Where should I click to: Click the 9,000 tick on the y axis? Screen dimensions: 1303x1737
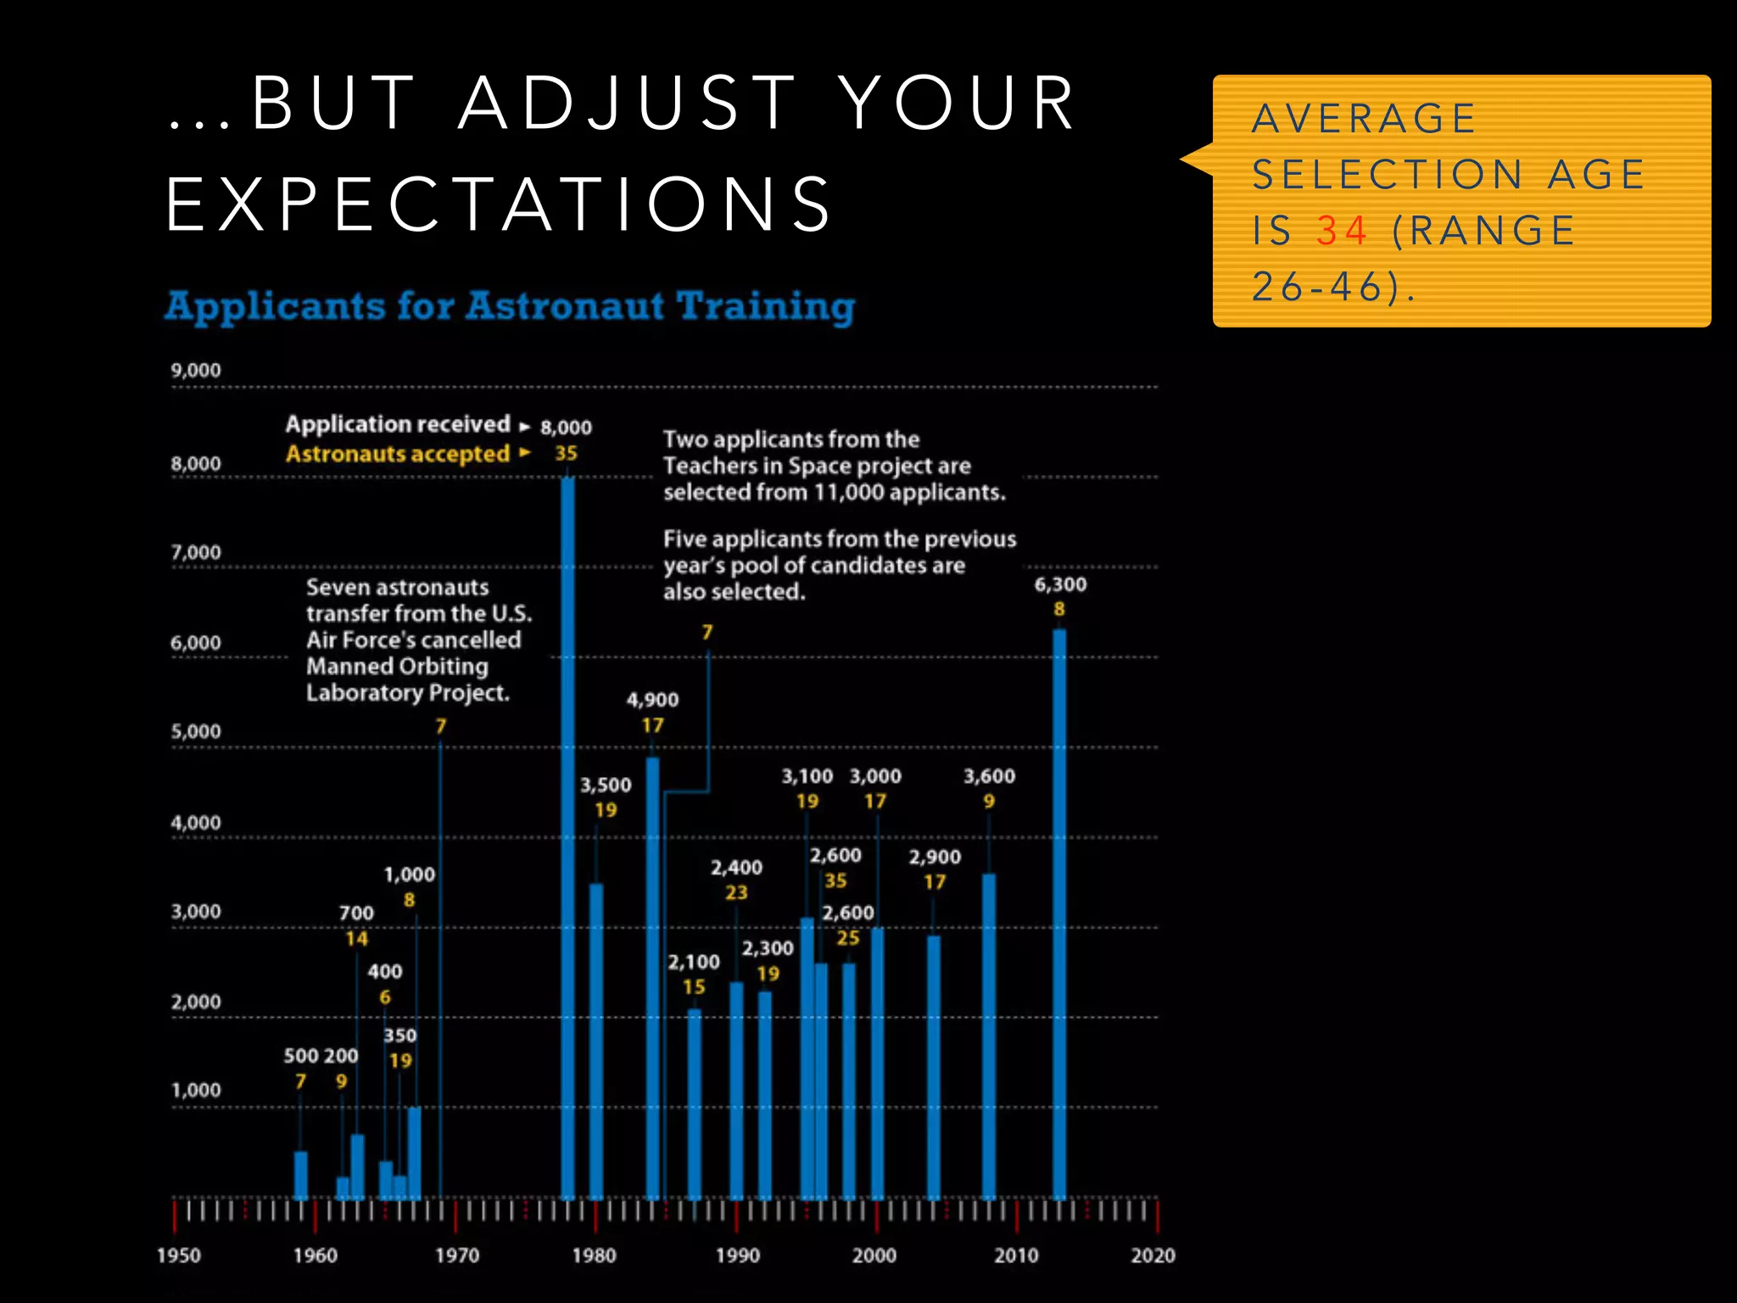[x=196, y=371]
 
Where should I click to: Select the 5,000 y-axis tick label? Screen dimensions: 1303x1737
[x=196, y=731]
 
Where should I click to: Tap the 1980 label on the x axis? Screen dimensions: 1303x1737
[x=594, y=1255]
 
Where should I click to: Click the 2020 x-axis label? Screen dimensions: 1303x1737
[x=1153, y=1255]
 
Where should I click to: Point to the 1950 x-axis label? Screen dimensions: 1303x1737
[x=179, y=1255]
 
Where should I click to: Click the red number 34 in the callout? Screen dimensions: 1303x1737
[x=1343, y=231]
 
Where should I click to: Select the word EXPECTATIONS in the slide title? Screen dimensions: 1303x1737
[x=500, y=204]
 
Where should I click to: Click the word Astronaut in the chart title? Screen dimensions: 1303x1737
[x=564, y=306]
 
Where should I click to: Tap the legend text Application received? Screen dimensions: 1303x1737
[x=398, y=424]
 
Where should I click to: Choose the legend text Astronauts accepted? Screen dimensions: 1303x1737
[x=398, y=454]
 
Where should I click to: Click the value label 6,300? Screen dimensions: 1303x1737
[x=1060, y=584]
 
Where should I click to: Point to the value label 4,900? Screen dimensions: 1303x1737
[x=652, y=700]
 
